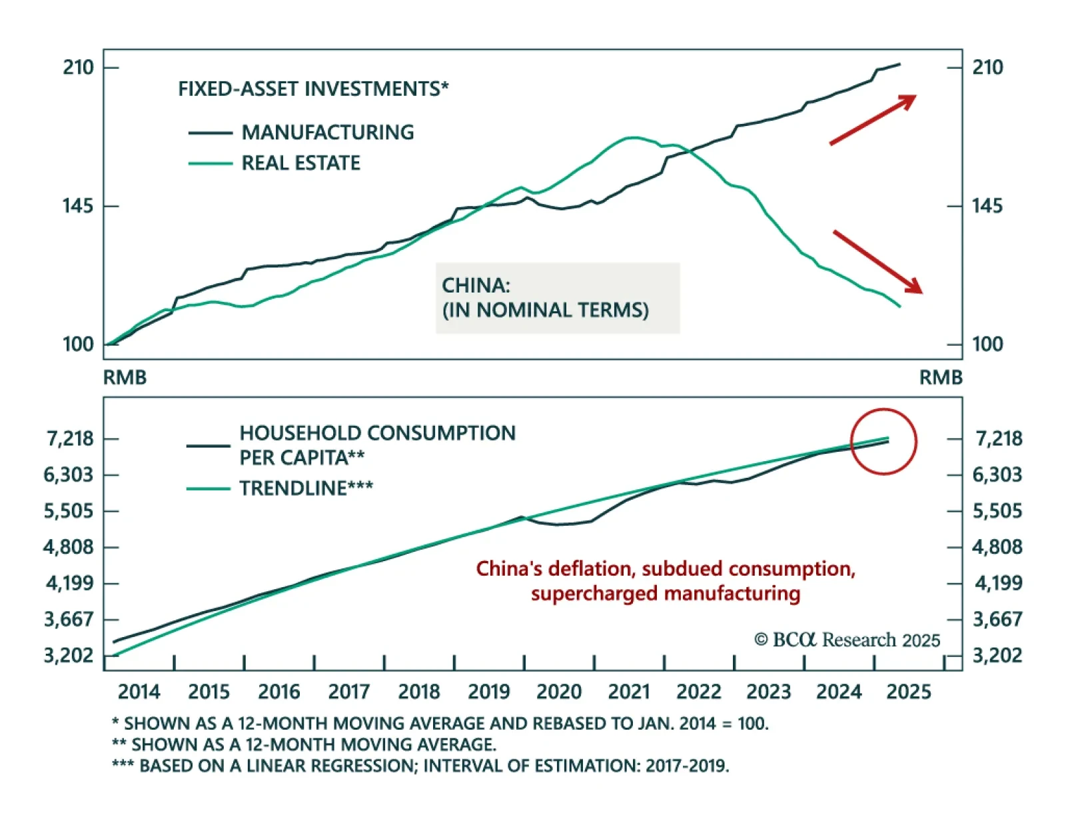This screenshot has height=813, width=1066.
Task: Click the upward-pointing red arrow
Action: coord(873,119)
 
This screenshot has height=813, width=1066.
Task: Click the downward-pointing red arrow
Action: coord(877,261)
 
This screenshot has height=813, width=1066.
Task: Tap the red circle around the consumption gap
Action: coord(884,441)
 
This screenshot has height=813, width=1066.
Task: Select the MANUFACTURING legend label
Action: coord(327,132)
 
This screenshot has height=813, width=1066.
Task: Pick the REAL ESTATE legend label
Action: coord(300,163)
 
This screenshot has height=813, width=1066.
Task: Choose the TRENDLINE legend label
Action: coord(306,488)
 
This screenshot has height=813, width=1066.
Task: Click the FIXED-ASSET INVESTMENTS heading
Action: coord(313,89)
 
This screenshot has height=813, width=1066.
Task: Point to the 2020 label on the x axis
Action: coord(558,692)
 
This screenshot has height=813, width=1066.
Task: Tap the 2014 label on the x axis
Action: coord(139,692)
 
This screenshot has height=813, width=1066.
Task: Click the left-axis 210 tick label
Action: coord(78,67)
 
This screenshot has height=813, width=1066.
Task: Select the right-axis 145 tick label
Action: coord(987,206)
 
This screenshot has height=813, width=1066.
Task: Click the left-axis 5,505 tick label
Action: coord(69,511)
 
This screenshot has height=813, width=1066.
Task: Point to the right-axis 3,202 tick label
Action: coord(997,655)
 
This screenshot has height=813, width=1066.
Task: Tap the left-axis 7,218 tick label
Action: coord(70,438)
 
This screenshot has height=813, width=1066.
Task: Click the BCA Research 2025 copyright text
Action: coord(847,640)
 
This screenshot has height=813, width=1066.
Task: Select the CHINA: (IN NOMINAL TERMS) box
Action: coord(558,298)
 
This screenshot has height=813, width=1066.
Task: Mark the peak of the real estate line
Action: coord(632,137)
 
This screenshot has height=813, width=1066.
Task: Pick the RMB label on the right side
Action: coord(941,377)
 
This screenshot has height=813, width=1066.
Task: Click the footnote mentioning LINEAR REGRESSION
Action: coord(420,766)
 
